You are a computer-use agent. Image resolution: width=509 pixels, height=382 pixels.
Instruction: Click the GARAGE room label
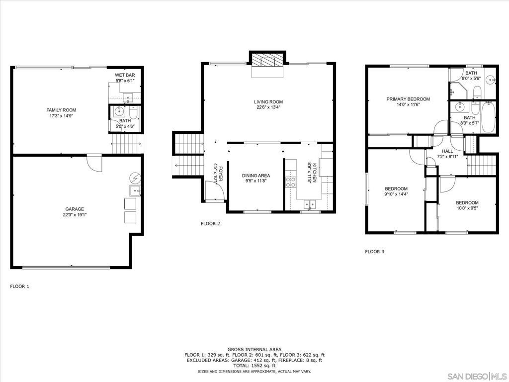pos(73,209)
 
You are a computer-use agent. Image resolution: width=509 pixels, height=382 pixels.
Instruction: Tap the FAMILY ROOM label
pos(61,110)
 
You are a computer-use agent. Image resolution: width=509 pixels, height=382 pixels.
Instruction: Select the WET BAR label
pos(125,75)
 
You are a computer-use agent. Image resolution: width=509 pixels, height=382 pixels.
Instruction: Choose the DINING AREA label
pos(256,176)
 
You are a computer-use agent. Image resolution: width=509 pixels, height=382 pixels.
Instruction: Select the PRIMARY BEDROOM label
pos(408,99)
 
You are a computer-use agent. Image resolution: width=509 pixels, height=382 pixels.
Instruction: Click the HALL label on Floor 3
pos(447,151)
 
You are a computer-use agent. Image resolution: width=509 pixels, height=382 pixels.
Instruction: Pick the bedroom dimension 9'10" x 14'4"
pos(396,194)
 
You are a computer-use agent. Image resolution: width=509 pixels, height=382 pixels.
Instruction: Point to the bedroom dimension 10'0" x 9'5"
pos(467,208)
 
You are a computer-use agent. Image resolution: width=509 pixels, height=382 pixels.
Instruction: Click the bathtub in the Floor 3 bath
pos(488,117)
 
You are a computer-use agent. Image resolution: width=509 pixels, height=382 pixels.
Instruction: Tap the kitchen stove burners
pos(291,182)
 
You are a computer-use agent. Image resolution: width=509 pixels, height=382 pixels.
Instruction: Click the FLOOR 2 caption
pos(210,224)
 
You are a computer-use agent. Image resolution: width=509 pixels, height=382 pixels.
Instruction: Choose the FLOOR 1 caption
pos(20,286)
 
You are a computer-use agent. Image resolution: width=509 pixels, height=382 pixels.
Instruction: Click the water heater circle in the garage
pos(136,177)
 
